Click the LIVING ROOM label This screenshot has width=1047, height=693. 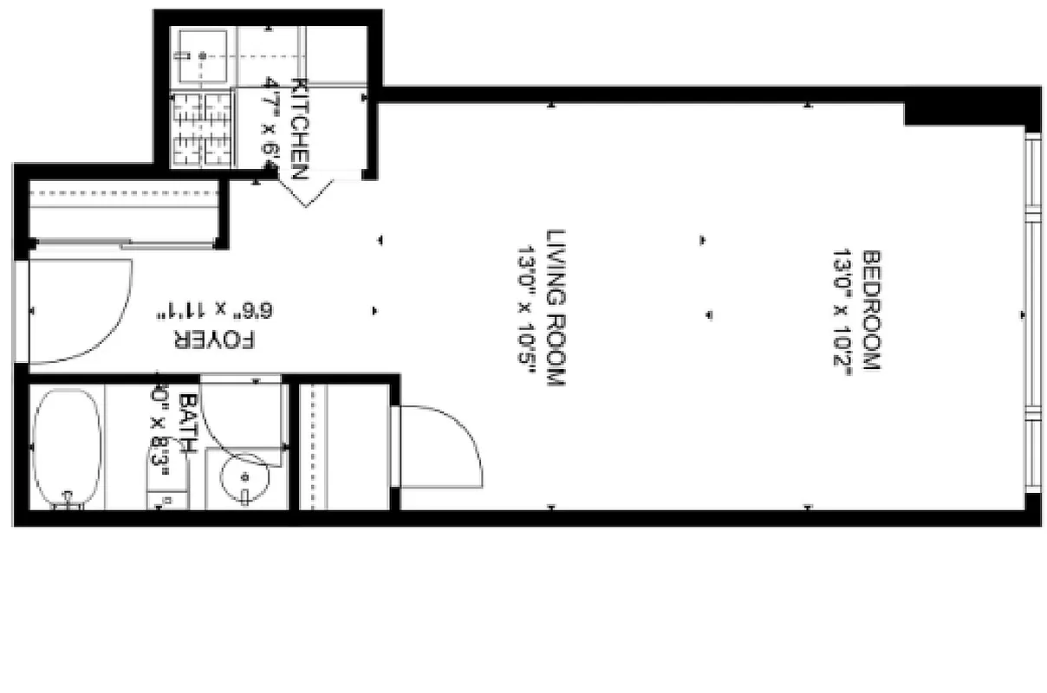(x=556, y=308)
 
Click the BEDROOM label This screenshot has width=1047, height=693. (x=871, y=310)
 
